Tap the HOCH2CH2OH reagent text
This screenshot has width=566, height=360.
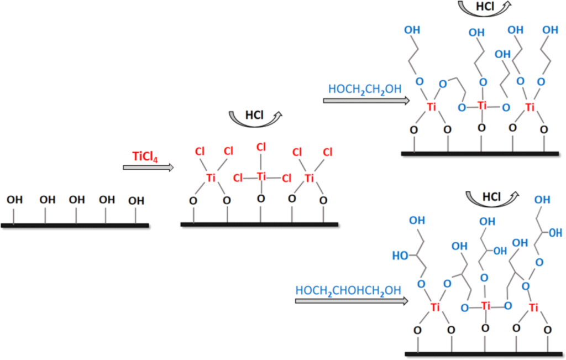[x=365, y=88]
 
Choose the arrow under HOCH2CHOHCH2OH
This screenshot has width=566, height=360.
[x=352, y=301]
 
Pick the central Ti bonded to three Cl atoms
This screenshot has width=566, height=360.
[x=261, y=177]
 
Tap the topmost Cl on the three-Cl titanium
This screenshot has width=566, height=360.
[x=261, y=147]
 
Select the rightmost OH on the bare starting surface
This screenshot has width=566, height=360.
[x=136, y=201]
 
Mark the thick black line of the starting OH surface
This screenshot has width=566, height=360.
[x=75, y=225]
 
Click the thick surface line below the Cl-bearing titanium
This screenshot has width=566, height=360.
[x=259, y=224]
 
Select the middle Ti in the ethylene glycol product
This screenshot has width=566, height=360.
[x=482, y=105]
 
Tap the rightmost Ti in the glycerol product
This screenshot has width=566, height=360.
[x=533, y=307]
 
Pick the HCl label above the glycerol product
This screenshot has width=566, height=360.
[x=491, y=197]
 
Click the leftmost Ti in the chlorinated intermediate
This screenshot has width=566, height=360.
[x=211, y=178]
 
